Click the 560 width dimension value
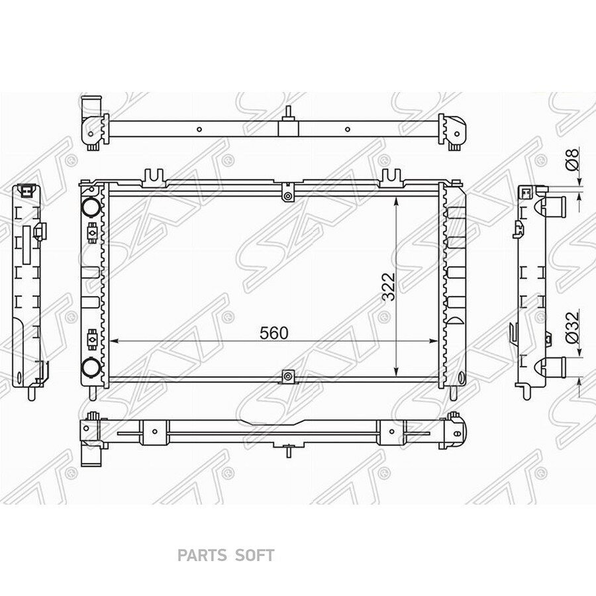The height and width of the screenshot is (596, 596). pos(273,333)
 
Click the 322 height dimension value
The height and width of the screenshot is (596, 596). pos(389,287)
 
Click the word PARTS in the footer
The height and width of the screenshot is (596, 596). pos(201,556)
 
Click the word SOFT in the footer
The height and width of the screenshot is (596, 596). pos(254,556)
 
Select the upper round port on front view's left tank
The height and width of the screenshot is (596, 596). pos(91,207)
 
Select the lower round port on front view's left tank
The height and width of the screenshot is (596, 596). pos(91,367)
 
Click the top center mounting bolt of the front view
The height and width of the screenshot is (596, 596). pos(288,196)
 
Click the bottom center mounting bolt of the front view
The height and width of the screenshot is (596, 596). pos(289,376)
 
